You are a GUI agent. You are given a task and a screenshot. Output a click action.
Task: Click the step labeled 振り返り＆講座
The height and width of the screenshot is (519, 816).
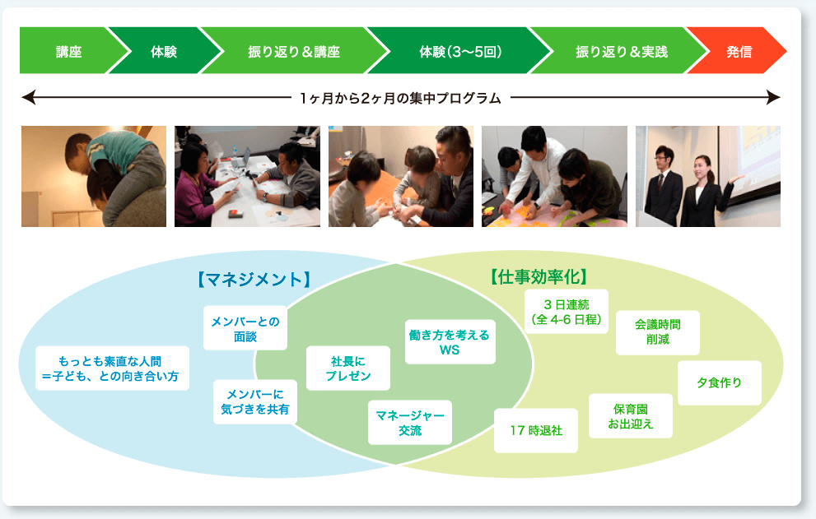293,51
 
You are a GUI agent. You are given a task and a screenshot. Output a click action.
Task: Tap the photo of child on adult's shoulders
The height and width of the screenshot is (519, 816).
93,176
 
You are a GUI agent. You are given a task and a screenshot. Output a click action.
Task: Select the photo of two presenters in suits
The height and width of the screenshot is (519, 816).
707,176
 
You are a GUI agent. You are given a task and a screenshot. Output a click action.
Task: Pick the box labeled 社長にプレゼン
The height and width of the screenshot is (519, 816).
347,368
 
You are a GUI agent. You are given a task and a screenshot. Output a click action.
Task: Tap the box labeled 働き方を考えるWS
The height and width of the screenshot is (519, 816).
449,342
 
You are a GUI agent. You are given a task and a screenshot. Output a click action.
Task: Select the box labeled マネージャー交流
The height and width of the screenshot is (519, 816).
409,423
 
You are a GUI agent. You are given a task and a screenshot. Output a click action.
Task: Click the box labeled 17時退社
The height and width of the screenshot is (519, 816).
535,430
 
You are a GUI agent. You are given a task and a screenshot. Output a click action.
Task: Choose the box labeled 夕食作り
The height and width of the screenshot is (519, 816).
719,382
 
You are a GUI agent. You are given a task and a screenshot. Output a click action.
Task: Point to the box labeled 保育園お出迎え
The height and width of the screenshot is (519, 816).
630,416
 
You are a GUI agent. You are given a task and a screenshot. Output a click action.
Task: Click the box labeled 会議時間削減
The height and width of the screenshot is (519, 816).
657,331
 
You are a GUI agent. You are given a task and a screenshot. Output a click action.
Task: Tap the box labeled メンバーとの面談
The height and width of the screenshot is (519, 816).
245,328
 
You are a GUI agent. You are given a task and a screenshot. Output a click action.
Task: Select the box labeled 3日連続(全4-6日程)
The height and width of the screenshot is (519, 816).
566,311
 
